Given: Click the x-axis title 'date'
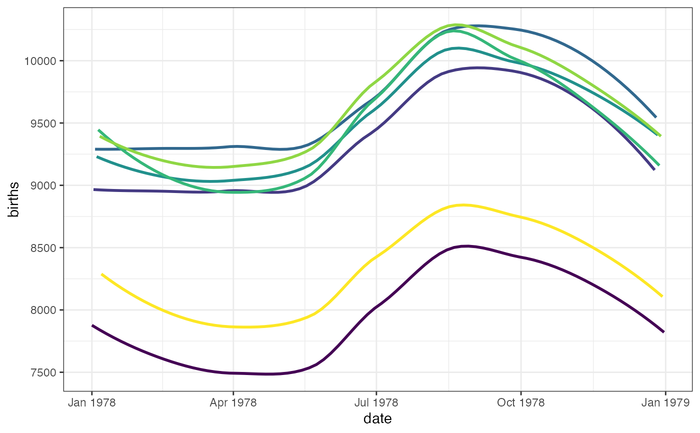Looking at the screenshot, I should coord(377,418).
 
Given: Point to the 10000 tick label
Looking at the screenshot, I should coord(42,61).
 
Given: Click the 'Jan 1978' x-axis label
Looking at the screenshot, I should coord(91,403).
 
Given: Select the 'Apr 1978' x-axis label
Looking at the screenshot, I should coord(233,403).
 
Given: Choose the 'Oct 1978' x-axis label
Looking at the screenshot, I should coord(520,403).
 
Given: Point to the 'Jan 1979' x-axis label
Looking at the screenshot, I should coord(665,403).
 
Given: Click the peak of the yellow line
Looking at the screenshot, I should coord(462,204).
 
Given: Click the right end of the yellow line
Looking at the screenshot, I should coord(662,296).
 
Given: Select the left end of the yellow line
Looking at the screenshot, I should coord(102,274).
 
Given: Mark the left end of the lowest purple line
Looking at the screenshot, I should coord(92,325).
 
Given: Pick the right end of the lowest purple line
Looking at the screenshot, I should coord(663,331).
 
